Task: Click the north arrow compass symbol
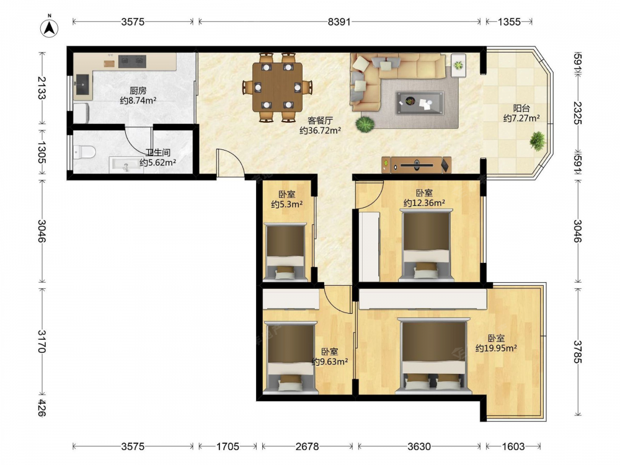[50, 27]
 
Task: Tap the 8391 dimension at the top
[339, 22]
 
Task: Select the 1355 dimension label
[509, 22]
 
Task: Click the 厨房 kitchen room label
[138, 91]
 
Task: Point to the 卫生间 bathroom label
[157, 153]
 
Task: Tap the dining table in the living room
[277, 87]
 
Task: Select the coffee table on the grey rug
[420, 103]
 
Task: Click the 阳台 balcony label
[521, 108]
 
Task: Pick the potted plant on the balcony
[538, 141]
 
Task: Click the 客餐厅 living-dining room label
[320, 121]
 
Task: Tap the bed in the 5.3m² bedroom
[285, 252]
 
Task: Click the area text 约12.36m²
[424, 203]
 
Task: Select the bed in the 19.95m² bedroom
[434, 356]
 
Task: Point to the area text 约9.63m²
[330, 361]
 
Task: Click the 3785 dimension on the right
[578, 352]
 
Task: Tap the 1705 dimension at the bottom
[228, 446]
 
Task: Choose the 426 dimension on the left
[42, 408]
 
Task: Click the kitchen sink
[82, 84]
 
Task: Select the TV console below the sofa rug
[417, 165]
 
